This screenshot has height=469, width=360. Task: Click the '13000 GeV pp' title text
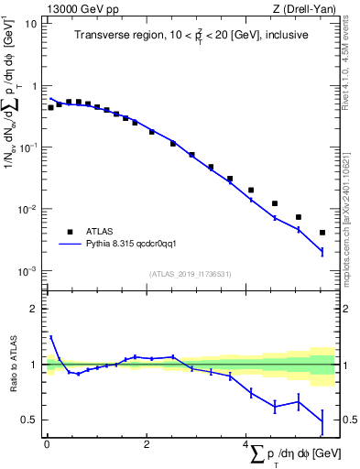tap(80, 8)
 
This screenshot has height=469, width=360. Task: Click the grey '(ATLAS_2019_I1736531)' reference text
tap(191, 274)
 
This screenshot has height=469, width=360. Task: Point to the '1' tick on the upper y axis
tap(33, 85)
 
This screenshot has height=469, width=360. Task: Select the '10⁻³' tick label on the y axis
tap(27, 271)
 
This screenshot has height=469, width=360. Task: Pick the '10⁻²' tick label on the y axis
tap(27, 210)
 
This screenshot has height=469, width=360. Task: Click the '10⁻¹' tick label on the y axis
tap(27, 147)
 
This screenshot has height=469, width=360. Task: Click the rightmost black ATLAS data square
tap(322, 233)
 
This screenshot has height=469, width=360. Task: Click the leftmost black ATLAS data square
tap(51, 107)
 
